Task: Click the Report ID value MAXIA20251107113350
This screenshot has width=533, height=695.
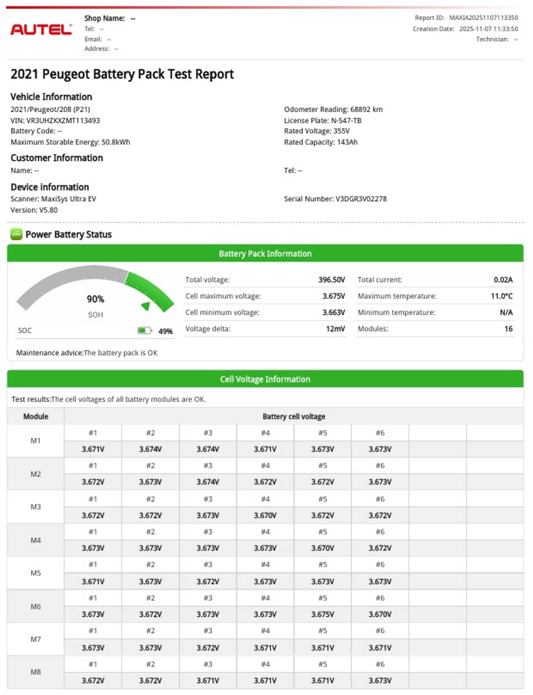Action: click(483, 18)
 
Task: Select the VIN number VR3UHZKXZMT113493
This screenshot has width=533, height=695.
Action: click(63, 120)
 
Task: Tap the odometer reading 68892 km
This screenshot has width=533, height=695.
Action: click(366, 109)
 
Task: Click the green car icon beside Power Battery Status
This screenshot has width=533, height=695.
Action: click(16, 234)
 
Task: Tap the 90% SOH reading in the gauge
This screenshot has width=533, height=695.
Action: click(95, 299)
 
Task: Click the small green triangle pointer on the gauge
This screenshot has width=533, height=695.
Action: click(146, 306)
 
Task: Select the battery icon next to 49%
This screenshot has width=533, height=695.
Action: click(144, 331)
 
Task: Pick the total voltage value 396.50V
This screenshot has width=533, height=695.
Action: click(331, 280)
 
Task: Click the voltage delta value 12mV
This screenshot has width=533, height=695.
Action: click(335, 329)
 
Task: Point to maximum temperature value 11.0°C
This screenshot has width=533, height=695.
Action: click(501, 296)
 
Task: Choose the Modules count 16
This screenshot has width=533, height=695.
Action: click(508, 329)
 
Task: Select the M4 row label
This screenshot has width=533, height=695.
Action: click(36, 540)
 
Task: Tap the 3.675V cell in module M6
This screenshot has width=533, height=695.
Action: click(322, 614)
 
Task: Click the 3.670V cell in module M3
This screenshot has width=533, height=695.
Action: click(265, 515)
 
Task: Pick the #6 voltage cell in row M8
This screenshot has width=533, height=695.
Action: click(380, 680)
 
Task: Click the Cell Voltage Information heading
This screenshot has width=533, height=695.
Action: click(265, 379)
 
